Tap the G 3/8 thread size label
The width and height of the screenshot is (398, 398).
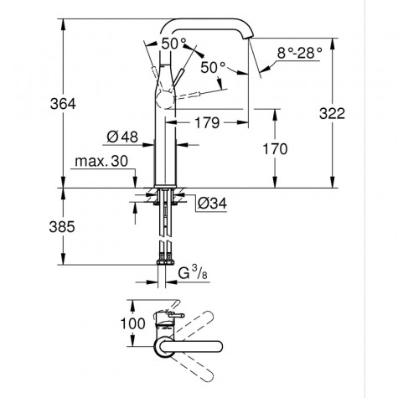[x=198, y=274]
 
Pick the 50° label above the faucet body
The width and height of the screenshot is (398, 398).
[x=173, y=42]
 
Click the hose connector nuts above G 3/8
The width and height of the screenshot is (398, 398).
[x=164, y=252]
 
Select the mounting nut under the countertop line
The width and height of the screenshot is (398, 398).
[x=163, y=199]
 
